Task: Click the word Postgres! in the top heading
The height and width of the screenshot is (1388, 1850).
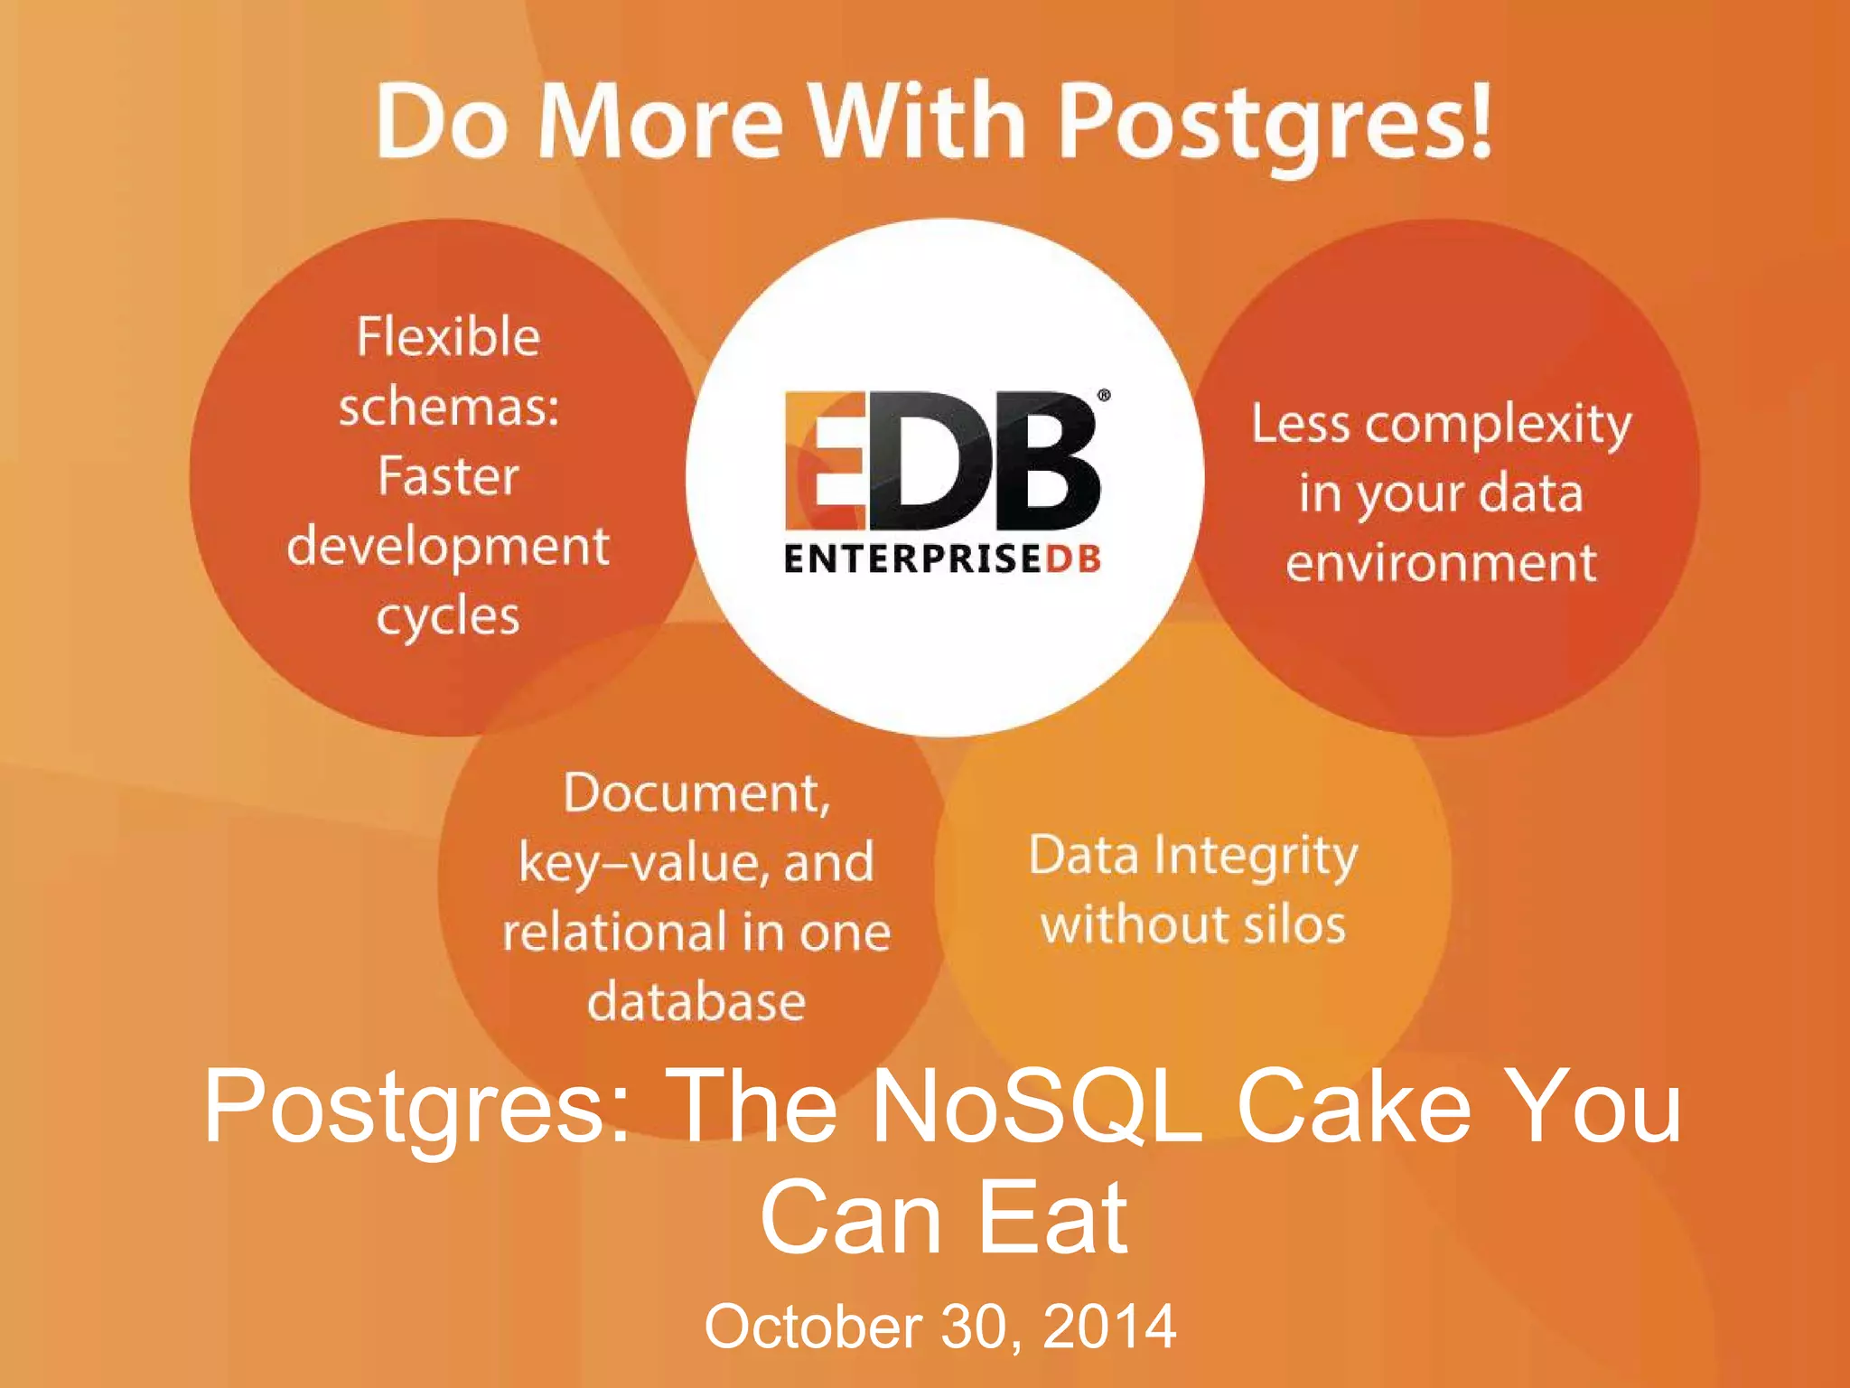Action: pos(1274,122)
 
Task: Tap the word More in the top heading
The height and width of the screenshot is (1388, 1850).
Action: pos(659,122)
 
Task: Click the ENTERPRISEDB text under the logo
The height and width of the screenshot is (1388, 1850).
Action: pos(942,559)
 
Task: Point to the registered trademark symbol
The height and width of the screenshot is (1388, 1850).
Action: pos(1104,395)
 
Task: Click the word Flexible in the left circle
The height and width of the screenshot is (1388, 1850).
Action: pos(448,337)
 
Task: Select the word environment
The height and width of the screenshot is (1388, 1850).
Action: pos(1441,563)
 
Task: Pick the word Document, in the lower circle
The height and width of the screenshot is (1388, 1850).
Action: pos(696,793)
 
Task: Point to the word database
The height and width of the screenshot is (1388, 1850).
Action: pos(696,1001)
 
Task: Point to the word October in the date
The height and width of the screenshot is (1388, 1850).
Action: pos(813,1326)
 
